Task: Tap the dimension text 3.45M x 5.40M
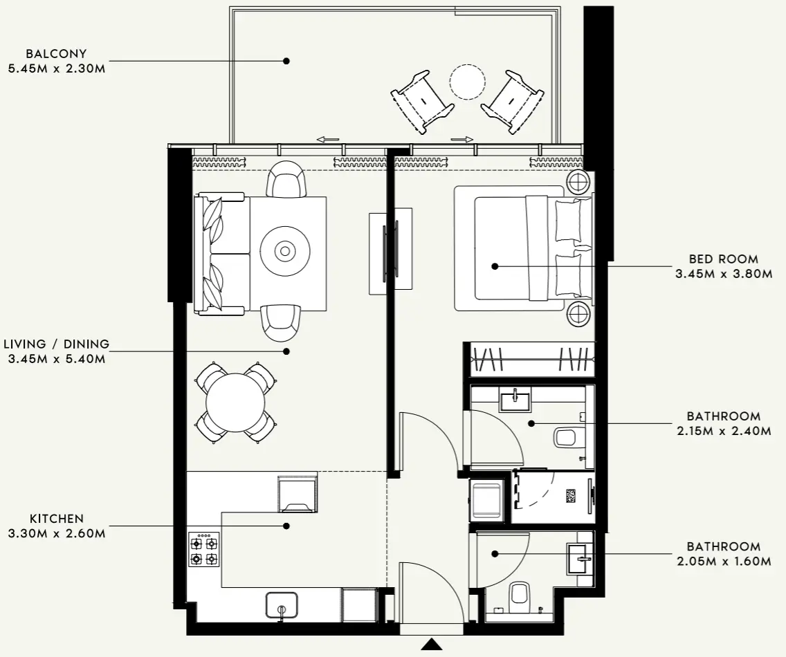coord(56,358)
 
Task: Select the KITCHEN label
coord(56,518)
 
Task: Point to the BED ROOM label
coord(723,259)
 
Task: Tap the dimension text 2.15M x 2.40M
coord(723,431)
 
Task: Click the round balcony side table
coord(467,83)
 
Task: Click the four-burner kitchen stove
coord(203,550)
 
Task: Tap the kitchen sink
coord(282,604)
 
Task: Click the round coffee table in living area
coord(284,250)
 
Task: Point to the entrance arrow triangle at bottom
coord(432,645)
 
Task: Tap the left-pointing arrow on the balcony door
coord(327,139)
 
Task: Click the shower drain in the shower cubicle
coord(571,496)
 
